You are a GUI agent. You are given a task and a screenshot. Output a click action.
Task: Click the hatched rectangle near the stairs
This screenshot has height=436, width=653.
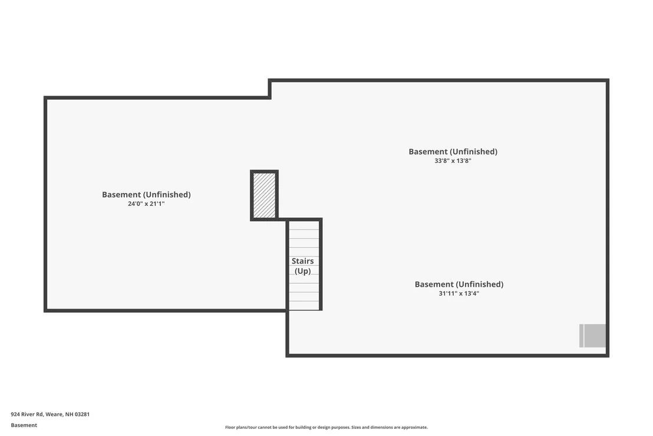pos(264,195)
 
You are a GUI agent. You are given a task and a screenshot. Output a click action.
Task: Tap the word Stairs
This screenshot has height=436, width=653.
pos(302,261)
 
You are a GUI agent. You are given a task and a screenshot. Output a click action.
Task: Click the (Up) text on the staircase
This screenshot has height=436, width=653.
pos(302,271)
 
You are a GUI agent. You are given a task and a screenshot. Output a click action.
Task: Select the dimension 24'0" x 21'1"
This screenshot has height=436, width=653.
pos(146,204)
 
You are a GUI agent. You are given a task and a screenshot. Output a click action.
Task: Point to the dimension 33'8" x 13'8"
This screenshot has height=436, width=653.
pos(453,161)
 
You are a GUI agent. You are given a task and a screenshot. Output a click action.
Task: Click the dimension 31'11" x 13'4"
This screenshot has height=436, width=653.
pos(459,293)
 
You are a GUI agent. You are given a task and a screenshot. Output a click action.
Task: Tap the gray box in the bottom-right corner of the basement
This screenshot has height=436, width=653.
pos(592,336)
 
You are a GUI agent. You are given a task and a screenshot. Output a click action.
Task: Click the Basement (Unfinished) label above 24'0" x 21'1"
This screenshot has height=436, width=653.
pos(146,195)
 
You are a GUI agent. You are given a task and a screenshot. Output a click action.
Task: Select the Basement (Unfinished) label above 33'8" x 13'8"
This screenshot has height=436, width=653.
pos(453,152)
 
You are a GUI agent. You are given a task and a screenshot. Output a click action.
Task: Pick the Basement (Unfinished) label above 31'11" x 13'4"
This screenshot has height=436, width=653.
pos(459,284)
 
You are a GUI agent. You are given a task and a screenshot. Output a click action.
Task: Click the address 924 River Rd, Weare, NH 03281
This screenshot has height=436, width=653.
pos(50,414)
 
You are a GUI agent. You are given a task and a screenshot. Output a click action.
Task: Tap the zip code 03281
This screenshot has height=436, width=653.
pos(82,414)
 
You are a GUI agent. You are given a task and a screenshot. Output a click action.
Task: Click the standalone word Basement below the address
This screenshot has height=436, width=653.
pos(24,425)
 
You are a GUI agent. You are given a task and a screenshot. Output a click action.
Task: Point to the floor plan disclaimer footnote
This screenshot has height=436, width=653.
pos(326,427)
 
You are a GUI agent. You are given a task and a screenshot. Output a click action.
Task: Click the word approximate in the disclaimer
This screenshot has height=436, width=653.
pos(414,427)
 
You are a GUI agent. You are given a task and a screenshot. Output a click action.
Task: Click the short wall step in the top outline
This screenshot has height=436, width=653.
pos(269,89)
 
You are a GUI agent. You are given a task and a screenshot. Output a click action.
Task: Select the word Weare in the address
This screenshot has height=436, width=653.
pos(54,414)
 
